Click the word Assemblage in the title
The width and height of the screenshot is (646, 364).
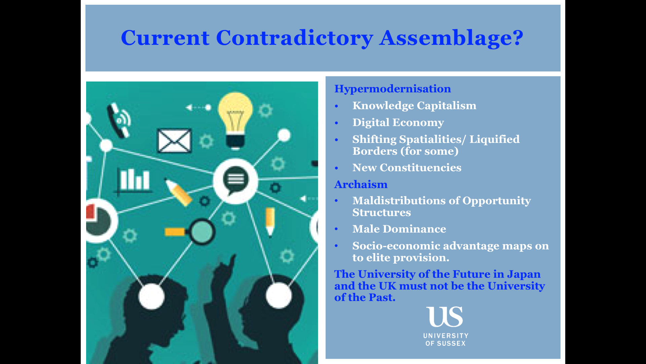coord(452,38)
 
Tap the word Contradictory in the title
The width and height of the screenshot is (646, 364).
coord(294,38)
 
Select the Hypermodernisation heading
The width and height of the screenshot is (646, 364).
coord(392,89)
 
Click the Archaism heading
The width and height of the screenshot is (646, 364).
coord(361,184)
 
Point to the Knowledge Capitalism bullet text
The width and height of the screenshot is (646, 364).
coord(414,106)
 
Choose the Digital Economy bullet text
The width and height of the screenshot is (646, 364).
coord(398,123)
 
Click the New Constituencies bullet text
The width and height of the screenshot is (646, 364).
coord(407,168)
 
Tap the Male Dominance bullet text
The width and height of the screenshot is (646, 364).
coord(399,229)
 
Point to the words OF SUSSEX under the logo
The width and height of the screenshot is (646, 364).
coord(445,343)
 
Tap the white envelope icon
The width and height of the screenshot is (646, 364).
coord(175,141)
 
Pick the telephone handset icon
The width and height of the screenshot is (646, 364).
coord(118,120)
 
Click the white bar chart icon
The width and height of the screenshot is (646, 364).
coord(134,180)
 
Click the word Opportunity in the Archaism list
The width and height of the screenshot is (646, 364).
coord(497,201)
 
